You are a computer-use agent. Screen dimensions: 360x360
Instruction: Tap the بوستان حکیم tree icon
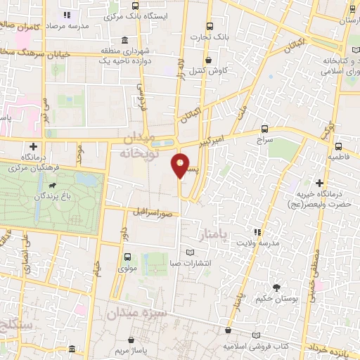click(x=276, y=287)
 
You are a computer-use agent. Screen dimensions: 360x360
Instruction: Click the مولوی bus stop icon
click(x=127, y=257)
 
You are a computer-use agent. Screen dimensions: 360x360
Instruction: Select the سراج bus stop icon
click(x=264, y=129)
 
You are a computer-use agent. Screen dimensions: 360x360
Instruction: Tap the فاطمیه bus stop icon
click(x=338, y=147)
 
